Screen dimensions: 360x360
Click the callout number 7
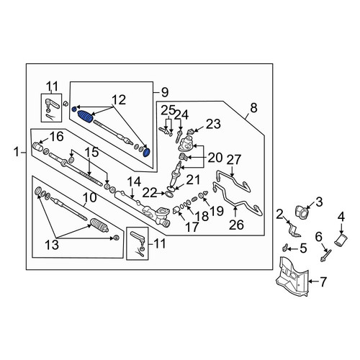click(x=323, y=282)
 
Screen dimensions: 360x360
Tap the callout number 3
click(x=319, y=202)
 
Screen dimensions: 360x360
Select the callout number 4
click(x=341, y=217)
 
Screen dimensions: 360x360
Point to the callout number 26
click(x=236, y=225)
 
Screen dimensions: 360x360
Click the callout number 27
click(x=235, y=160)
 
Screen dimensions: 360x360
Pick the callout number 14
click(x=134, y=182)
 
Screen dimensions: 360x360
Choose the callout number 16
click(x=57, y=137)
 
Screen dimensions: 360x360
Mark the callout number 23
click(x=214, y=124)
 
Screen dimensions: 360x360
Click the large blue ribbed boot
click(x=86, y=117)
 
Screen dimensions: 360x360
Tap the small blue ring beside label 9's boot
click(x=74, y=109)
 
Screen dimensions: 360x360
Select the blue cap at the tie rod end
click(x=146, y=153)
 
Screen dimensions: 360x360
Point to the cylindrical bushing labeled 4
click(x=341, y=240)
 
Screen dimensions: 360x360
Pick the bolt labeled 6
click(x=326, y=255)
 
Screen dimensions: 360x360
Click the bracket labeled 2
click(x=294, y=230)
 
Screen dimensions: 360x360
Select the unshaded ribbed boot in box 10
click(x=99, y=225)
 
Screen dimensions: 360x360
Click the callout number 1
click(x=17, y=153)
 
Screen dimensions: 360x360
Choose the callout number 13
click(x=52, y=245)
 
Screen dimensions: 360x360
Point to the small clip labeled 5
click(x=285, y=248)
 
